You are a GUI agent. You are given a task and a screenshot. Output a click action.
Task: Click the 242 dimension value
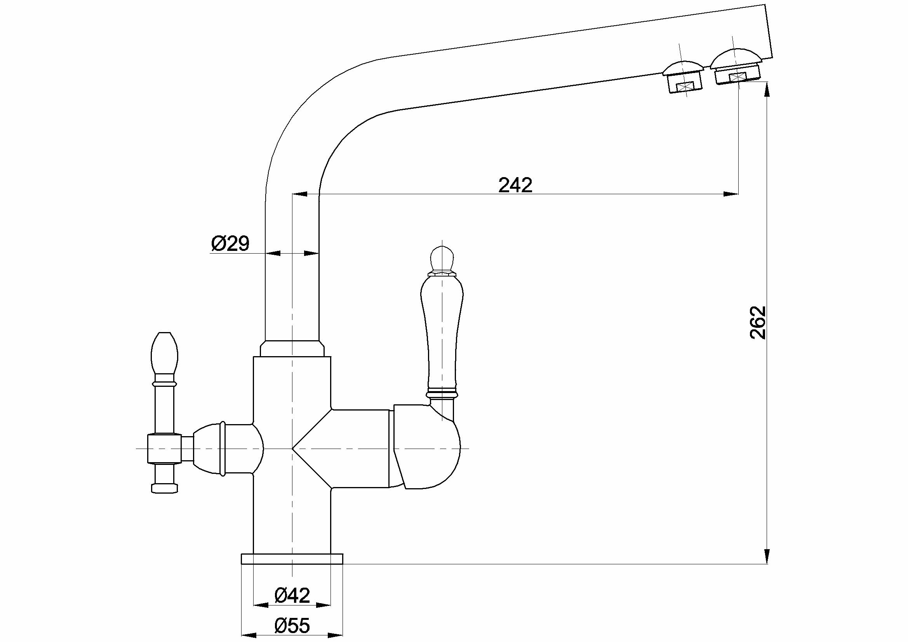[515, 185]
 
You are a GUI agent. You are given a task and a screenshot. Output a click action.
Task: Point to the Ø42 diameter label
[292, 595]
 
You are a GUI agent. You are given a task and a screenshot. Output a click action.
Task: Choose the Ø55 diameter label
[292, 625]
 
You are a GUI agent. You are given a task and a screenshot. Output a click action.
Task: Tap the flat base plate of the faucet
[292, 558]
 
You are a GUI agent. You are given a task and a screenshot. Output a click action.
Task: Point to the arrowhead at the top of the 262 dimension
[767, 90]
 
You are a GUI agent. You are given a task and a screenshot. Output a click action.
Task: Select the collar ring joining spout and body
[292, 348]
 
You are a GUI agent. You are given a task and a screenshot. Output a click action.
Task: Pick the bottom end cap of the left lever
[164, 488]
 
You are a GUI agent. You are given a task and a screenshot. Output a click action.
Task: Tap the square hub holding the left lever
[164, 449]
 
